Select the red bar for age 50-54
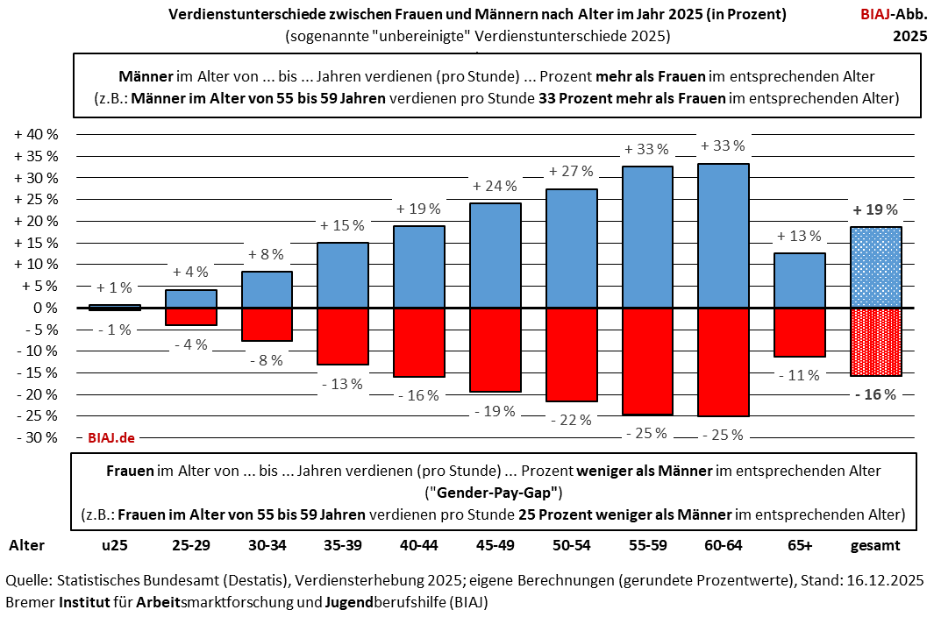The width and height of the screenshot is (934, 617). click(x=572, y=355)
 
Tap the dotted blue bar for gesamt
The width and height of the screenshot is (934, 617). click(x=876, y=267)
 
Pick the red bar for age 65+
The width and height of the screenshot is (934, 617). click(x=800, y=332)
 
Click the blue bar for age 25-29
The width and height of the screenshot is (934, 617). click(x=190, y=298)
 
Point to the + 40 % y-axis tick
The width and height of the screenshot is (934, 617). click(x=37, y=135)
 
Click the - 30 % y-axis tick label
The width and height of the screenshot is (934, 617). click(x=37, y=437)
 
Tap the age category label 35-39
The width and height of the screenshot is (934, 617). click(x=343, y=545)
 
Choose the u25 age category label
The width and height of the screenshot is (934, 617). click(x=114, y=545)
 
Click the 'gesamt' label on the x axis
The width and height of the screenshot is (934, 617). click(x=875, y=545)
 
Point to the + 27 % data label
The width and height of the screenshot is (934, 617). click(x=571, y=171)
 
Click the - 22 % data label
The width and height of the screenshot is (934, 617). click(x=571, y=420)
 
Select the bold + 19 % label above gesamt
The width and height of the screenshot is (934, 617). click(x=875, y=209)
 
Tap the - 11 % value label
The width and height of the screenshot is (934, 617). click(x=800, y=375)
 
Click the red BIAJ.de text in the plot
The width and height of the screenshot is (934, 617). click(x=111, y=437)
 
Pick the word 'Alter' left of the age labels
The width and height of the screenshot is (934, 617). click(x=27, y=545)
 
